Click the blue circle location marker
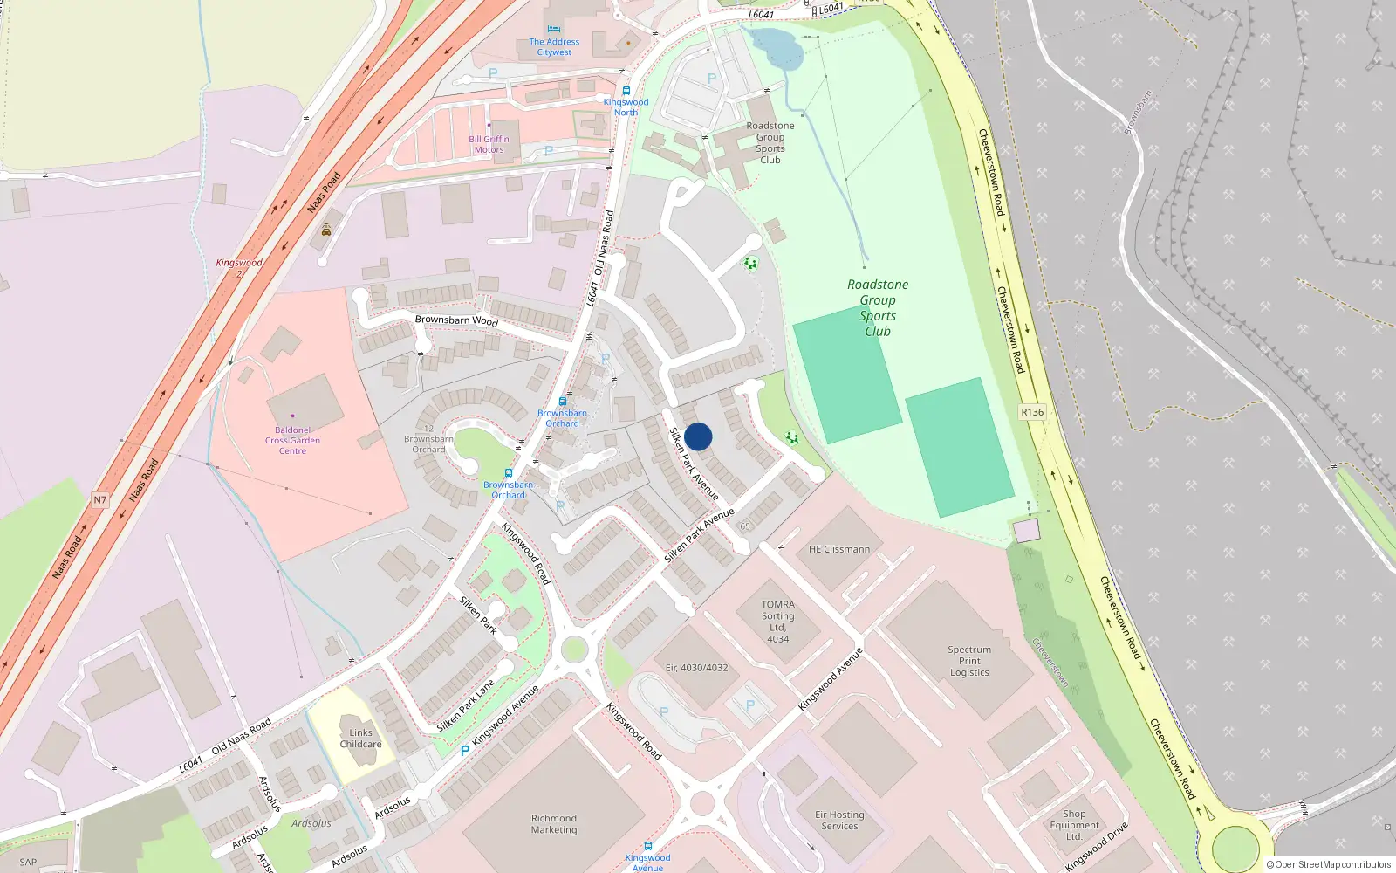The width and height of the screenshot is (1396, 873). click(698, 436)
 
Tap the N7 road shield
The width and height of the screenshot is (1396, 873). click(100, 500)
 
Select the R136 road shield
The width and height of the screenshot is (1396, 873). click(1032, 412)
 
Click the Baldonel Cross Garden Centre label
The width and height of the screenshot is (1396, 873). click(292, 440)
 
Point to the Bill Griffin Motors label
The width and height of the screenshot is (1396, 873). click(489, 144)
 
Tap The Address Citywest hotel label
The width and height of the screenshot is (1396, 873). click(554, 47)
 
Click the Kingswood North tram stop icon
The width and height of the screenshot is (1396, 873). click(626, 91)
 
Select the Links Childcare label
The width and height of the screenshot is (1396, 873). click(360, 739)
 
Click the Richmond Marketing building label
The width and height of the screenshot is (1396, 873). click(554, 824)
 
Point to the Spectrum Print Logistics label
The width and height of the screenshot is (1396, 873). click(969, 661)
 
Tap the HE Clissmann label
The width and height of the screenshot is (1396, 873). click(839, 549)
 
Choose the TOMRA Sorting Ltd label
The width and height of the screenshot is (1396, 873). click(777, 622)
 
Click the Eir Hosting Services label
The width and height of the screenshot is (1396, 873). click(839, 820)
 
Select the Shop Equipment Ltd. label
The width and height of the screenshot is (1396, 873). click(1074, 825)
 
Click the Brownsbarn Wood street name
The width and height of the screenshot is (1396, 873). click(456, 320)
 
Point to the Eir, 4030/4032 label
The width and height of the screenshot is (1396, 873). click(696, 668)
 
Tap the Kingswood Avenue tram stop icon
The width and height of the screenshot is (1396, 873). click(647, 846)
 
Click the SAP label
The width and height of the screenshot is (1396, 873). click(28, 862)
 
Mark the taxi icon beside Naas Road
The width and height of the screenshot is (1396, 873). click(326, 230)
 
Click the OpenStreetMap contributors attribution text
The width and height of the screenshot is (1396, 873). click(1329, 864)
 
